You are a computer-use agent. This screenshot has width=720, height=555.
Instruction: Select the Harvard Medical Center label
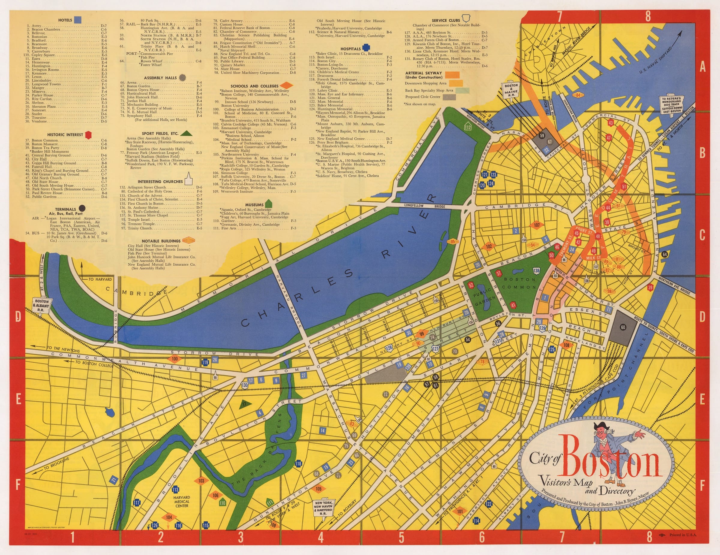(181, 502)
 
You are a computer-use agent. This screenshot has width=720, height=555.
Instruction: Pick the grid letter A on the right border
(703, 67)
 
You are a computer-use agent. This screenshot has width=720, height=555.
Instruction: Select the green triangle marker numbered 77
(244, 404)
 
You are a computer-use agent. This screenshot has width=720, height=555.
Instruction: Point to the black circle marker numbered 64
(664, 254)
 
